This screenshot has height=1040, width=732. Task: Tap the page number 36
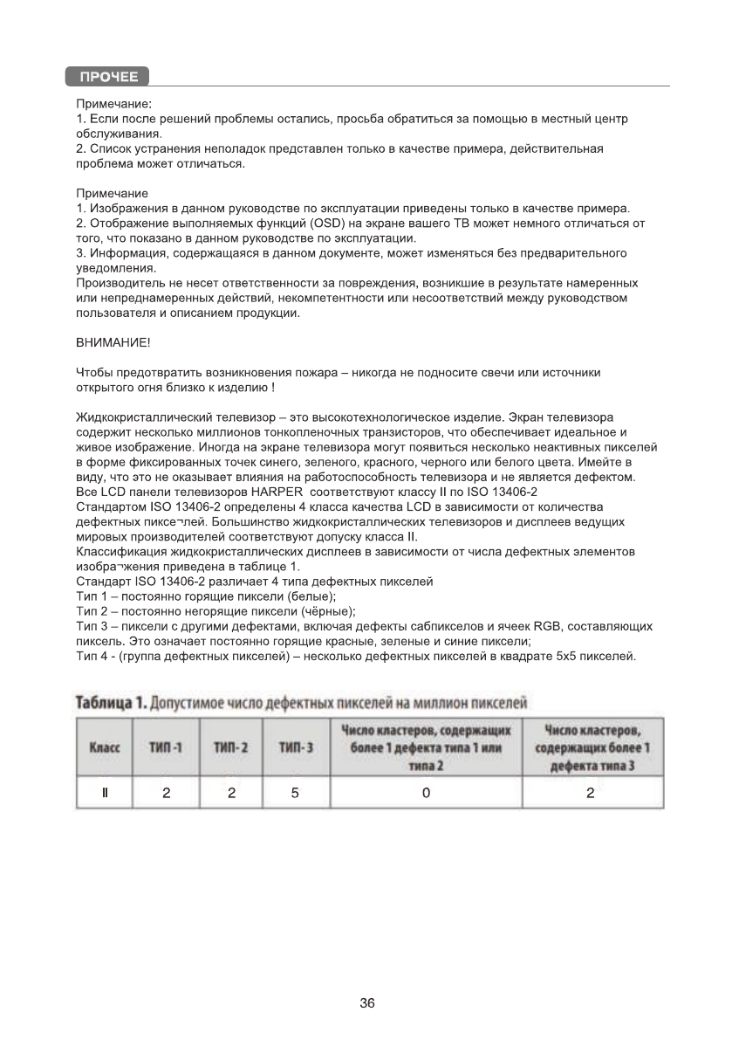366,1003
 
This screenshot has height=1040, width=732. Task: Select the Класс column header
105,747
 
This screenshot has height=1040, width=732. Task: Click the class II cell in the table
105,793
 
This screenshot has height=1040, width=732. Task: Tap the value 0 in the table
426,793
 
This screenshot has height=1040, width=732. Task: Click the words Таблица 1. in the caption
111,703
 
